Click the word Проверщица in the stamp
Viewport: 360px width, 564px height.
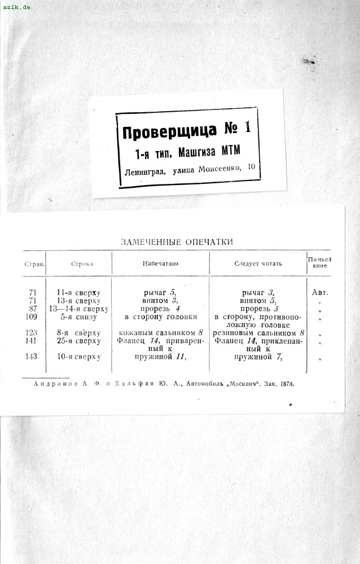tap(169, 131)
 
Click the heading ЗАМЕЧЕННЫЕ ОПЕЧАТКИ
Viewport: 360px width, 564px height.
tap(177, 242)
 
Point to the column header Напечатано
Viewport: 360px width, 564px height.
tap(160, 263)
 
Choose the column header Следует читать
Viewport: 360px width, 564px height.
tap(258, 263)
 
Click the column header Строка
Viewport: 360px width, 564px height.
tap(82, 263)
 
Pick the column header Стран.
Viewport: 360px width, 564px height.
tap(34, 263)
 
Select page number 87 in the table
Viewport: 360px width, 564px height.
tap(33, 309)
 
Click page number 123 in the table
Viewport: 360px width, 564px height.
tap(33, 333)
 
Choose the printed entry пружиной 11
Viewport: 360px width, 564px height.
tap(160, 357)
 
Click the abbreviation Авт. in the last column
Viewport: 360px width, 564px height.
tap(319, 293)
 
